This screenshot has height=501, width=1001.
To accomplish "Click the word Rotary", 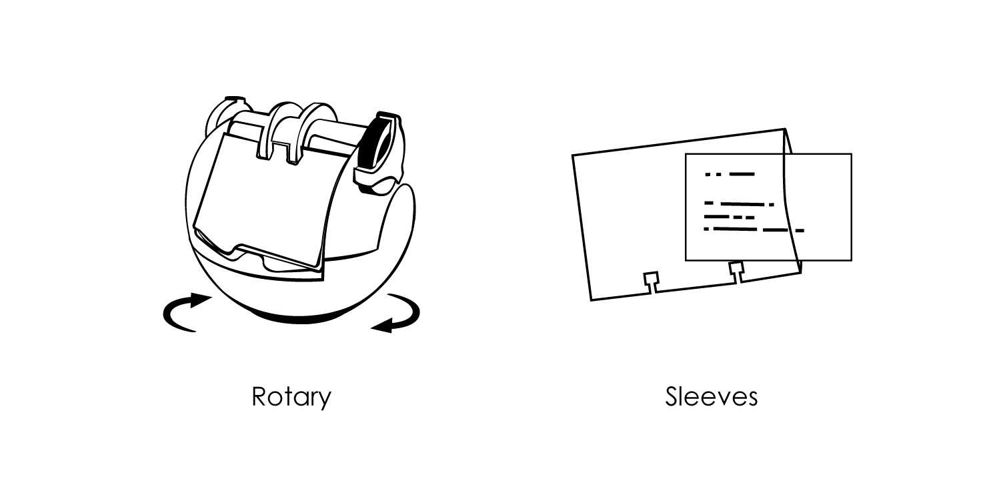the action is coord(291,396).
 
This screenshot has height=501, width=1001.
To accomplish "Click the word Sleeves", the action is coord(712,396).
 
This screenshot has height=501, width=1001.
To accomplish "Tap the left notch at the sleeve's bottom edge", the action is coord(651,282).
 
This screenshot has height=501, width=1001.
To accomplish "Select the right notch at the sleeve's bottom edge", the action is coord(737,272).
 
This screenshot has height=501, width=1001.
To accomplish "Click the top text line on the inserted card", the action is coord(730,174).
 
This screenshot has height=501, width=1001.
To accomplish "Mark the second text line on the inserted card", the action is coord(739,204).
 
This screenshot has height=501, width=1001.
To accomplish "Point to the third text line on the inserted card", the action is coord(730,217).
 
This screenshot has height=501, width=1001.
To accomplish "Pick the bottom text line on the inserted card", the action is coord(754,229).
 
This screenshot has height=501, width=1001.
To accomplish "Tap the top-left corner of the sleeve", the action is coord(572,155).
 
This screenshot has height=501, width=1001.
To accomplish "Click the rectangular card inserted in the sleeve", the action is coord(769,207).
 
